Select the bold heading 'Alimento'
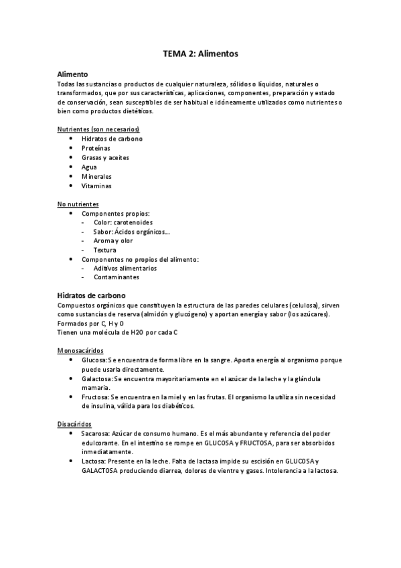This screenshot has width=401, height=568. click(72, 74)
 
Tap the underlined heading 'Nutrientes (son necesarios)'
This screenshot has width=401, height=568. click(98, 129)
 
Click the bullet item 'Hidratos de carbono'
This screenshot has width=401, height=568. click(112, 139)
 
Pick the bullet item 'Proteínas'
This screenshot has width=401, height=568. click(96, 148)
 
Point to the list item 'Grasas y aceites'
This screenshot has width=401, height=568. click(105, 157)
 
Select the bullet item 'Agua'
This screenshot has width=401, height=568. click(90, 167)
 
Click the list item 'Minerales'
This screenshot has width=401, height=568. click(97, 176)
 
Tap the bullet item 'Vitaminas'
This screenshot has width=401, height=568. click(96, 186)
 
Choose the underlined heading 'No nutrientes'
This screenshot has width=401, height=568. click(78, 204)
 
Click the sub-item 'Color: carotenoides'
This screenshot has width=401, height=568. click(123, 222)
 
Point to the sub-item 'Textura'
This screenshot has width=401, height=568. click(105, 250)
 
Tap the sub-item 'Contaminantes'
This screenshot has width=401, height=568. click(116, 277)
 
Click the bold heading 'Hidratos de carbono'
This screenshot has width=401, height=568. click(92, 295)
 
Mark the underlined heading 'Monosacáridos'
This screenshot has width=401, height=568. click(80, 350)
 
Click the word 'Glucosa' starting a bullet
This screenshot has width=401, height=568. click(95, 360)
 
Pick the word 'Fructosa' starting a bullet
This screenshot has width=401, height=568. click(96, 397)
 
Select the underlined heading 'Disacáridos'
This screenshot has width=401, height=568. click(75, 425)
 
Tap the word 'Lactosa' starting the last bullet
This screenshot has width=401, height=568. click(94, 461)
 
